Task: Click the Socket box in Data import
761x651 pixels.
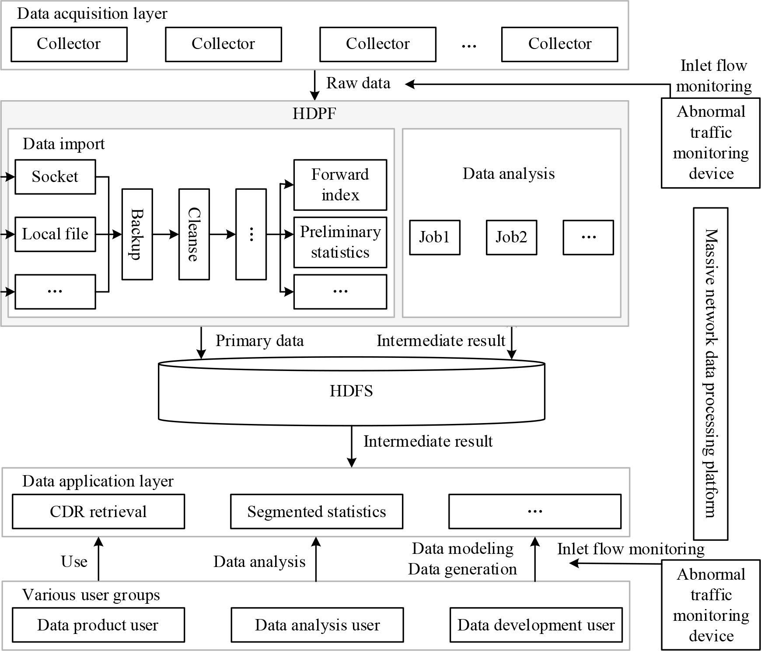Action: point(55,177)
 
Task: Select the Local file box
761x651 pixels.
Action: point(55,234)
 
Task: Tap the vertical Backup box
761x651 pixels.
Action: point(137,234)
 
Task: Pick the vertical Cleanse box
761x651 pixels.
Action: point(194,234)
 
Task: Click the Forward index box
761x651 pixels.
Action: point(340,185)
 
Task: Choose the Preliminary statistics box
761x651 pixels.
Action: point(340,242)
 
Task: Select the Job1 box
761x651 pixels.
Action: point(434,237)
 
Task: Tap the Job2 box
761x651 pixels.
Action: point(511,237)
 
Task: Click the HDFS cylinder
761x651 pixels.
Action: point(351,391)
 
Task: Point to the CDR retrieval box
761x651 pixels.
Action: point(98,511)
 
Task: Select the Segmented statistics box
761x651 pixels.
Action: point(316,511)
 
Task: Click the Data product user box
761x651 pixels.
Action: point(98,625)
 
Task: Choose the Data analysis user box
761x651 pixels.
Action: point(317,625)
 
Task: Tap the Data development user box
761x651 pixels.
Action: point(536,625)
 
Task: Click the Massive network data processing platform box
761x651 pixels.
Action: point(710,374)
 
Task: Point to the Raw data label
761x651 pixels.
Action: point(358,83)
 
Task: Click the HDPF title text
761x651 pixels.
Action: point(314,114)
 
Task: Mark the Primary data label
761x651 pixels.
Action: point(259,341)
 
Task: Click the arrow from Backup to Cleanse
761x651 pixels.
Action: point(165,234)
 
